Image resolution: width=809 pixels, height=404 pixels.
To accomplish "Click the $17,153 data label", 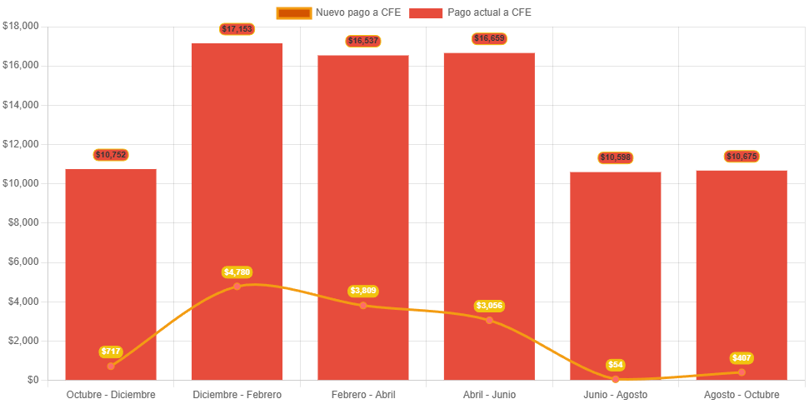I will tap(237, 29).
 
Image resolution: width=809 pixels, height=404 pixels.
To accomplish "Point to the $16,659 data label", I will tap(489, 38).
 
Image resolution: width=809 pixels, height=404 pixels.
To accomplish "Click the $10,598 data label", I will tap(616, 157).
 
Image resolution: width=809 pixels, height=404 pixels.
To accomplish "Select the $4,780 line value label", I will tap(237, 272).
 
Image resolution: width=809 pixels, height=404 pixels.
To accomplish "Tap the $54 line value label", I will tap(616, 365).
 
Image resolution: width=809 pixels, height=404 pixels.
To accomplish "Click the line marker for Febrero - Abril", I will tap(363, 306).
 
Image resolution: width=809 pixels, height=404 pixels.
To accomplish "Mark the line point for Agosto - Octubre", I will tap(742, 372).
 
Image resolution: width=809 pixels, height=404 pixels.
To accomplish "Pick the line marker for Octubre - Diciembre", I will tap(111, 366).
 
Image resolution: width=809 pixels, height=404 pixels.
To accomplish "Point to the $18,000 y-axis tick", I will tap(21, 26).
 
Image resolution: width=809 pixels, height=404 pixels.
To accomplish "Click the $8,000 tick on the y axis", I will tap(23, 222).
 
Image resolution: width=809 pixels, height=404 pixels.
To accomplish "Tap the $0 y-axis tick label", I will tap(32, 380).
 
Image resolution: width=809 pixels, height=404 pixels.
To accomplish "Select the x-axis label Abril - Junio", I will tap(489, 394).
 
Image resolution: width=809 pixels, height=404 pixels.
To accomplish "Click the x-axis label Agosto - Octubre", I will tap(742, 394).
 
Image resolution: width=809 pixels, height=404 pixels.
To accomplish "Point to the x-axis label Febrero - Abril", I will tap(363, 394).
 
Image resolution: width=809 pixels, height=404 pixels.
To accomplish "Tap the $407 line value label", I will tap(742, 358).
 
